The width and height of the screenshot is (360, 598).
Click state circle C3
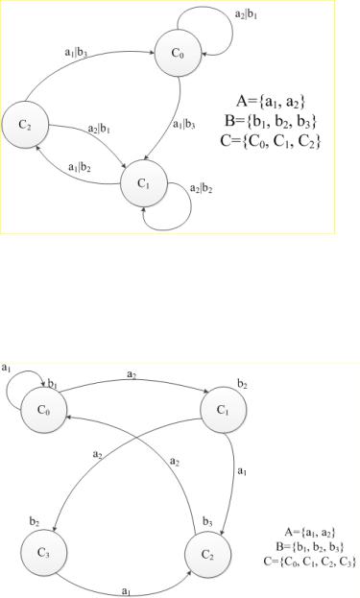pos(43,553)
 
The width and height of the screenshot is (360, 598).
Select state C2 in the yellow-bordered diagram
pos(25,125)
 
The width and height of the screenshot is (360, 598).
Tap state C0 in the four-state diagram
pos(43,411)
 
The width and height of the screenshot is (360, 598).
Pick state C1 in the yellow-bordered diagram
pos(144,183)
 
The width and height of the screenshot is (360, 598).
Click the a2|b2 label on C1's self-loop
pos(201,189)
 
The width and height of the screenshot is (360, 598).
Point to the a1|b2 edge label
pos(80,167)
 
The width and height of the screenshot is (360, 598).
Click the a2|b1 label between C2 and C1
pos(99,129)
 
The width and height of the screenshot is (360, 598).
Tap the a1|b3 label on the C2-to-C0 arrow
pos(76,52)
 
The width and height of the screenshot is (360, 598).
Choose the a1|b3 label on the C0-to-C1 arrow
pos(183,125)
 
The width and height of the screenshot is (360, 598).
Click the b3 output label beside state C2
pos(207,522)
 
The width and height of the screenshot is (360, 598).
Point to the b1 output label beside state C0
pos(52,384)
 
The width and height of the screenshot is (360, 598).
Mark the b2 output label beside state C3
pos(35,522)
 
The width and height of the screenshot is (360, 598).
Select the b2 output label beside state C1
pos(242,384)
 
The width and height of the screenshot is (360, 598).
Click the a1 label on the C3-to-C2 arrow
pos(126,591)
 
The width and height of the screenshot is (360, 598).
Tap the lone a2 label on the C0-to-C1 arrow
pos(132,374)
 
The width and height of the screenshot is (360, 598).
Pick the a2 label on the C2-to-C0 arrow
pos(175,463)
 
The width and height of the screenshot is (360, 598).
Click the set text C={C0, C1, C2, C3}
pos(310,562)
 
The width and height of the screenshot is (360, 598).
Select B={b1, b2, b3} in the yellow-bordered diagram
pos(271,121)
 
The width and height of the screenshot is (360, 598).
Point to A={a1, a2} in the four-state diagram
pos(310,532)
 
